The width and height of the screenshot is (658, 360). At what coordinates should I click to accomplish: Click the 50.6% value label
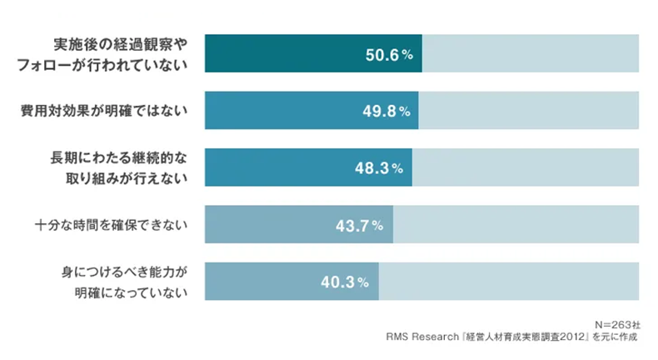389,55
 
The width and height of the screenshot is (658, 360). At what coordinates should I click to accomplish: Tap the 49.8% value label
386,111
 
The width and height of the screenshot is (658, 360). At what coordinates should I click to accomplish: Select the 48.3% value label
379,167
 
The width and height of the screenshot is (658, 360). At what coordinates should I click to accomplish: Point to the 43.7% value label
359,225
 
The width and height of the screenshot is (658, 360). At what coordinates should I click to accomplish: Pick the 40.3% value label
345,282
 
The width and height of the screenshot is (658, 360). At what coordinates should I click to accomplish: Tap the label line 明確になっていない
131,292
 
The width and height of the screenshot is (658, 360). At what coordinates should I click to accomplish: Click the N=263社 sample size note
618,323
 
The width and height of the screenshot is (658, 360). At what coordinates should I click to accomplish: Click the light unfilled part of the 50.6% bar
531,54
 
